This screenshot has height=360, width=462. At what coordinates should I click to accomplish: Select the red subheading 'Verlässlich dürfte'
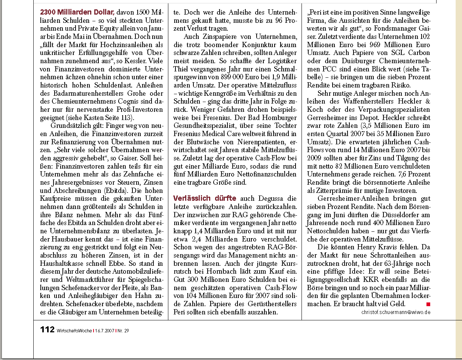pos(205,198)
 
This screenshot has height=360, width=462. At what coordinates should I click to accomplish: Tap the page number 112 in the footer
pos(48,329)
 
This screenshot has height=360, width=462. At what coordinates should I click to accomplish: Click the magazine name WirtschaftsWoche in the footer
pos(74,330)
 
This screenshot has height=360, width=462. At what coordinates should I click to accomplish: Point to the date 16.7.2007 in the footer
pos(104,330)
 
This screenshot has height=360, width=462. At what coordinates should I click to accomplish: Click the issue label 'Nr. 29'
pos(123,330)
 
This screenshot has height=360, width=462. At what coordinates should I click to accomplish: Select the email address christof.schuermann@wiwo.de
pos(396,312)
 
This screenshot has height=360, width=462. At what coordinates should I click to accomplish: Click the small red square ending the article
pos(428,304)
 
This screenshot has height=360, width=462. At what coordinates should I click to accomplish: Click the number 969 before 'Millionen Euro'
pos(370,44)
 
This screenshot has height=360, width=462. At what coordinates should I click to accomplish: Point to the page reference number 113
pos(127,118)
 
